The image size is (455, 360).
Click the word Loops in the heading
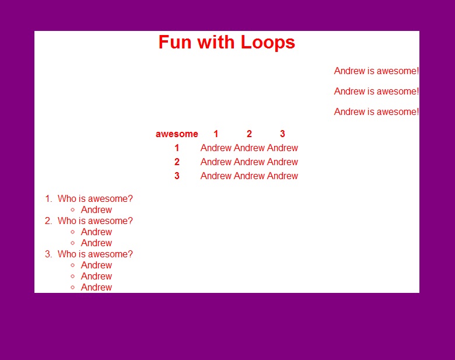(x=268, y=43)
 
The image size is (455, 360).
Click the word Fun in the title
(x=175, y=42)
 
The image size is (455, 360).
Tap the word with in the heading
(x=216, y=42)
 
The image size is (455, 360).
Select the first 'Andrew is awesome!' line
(x=376, y=71)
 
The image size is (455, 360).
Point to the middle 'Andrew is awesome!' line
(x=376, y=91)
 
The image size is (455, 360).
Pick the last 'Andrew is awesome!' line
(x=376, y=111)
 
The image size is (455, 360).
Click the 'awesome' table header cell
(x=177, y=134)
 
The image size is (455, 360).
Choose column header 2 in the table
(x=249, y=134)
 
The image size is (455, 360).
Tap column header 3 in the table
(x=282, y=134)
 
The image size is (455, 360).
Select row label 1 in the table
(x=177, y=148)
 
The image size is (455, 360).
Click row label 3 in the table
(x=177, y=176)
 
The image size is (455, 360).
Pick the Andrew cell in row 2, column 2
(x=249, y=162)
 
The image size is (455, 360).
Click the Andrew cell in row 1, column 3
(x=282, y=148)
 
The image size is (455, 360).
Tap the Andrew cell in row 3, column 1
(x=216, y=176)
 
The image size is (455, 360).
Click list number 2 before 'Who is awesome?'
(x=48, y=221)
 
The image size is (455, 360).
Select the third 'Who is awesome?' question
(x=95, y=254)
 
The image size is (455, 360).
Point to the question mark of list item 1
(x=130, y=198)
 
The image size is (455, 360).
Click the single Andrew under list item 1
(x=96, y=209)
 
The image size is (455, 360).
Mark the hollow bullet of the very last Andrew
(x=72, y=288)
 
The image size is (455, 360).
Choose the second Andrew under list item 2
(x=96, y=243)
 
